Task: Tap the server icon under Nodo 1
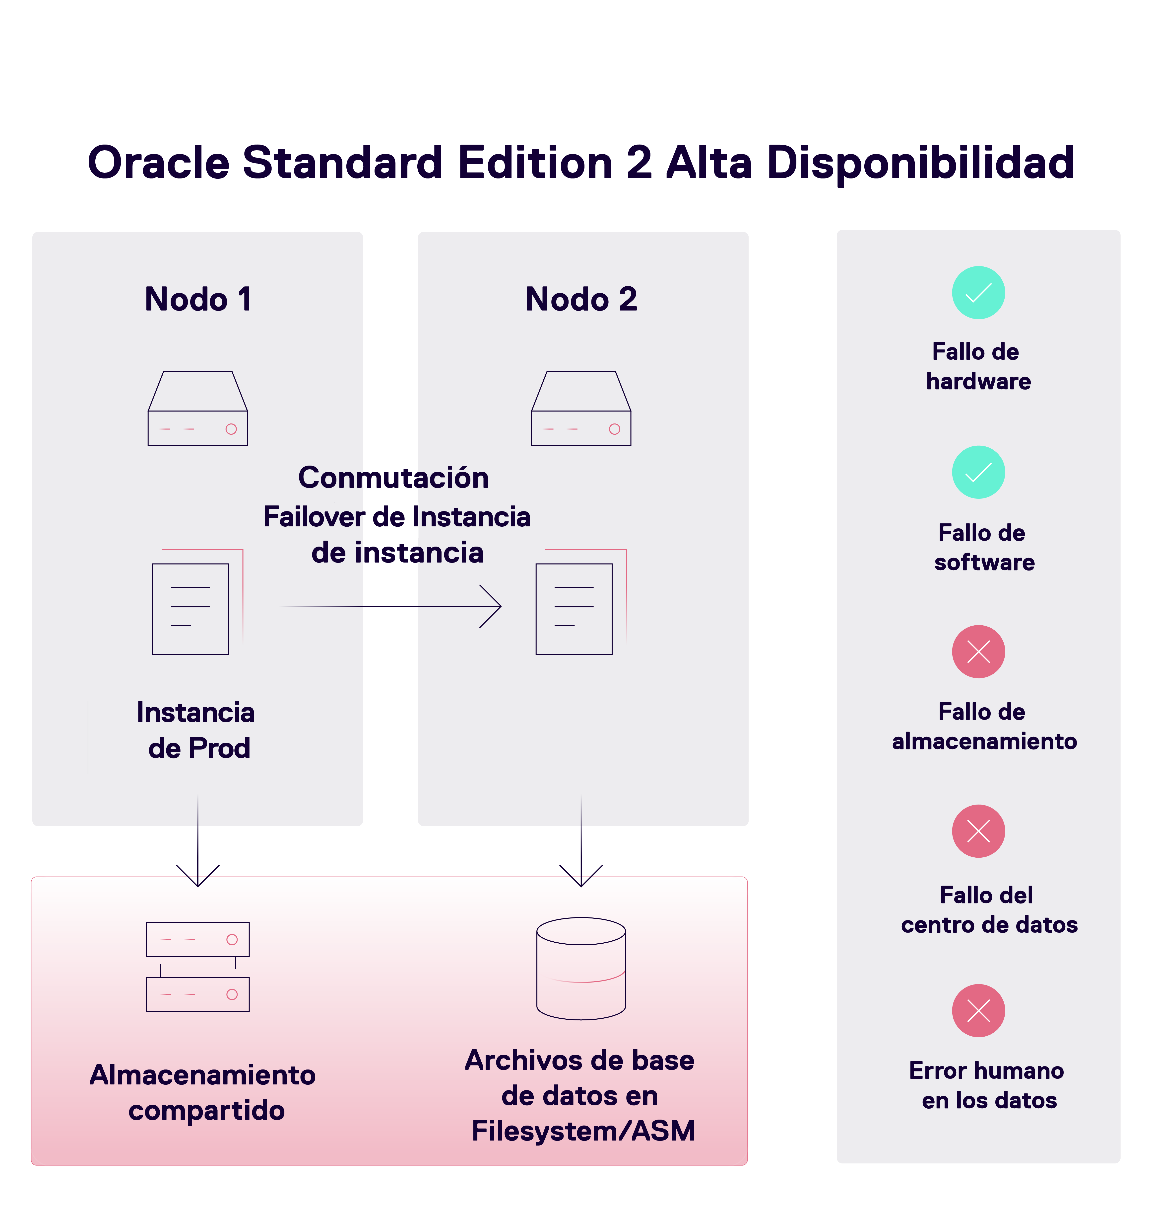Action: click(x=197, y=409)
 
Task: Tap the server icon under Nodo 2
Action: click(x=581, y=409)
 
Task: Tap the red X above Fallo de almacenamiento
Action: click(x=978, y=652)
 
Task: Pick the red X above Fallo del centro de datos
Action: click(x=978, y=831)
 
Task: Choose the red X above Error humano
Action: click(x=978, y=1011)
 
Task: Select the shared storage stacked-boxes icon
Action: click(x=197, y=967)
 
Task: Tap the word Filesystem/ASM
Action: click(x=583, y=1131)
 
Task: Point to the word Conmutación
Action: click(x=393, y=477)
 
